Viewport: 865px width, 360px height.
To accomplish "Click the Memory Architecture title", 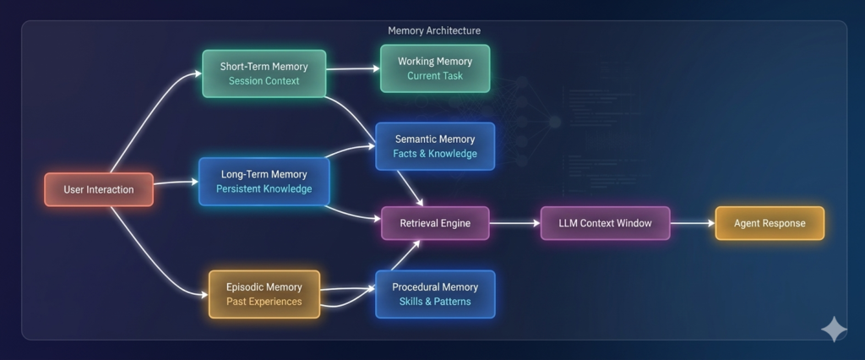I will click(433, 30).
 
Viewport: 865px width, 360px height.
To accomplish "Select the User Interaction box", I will click(99, 189).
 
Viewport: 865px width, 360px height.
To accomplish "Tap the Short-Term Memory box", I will click(264, 74).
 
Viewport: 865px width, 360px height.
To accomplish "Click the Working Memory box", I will click(434, 68).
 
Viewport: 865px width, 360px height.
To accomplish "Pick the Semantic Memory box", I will click(434, 146).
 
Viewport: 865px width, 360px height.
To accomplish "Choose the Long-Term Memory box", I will click(264, 181).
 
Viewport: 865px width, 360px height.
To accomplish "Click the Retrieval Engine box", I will click(435, 223).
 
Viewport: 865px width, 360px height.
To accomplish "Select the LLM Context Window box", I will click(605, 223).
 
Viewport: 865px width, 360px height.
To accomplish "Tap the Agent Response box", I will click(769, 223).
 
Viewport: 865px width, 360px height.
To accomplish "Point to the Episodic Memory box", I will click(264, 294).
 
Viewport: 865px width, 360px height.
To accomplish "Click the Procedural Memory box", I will click(434, 294).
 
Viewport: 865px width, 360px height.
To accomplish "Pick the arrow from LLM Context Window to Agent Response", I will click(692, 223).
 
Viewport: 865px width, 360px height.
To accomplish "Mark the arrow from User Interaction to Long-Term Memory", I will click(175, 183).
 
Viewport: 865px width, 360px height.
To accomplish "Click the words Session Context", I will click(264, 81).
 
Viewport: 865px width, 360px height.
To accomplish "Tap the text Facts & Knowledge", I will click(434, 154).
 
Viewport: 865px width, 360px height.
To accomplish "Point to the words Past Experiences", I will click(264, 302).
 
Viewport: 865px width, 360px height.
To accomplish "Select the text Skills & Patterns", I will click(434, 302).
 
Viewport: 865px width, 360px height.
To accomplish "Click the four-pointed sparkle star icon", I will click(833, 329).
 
